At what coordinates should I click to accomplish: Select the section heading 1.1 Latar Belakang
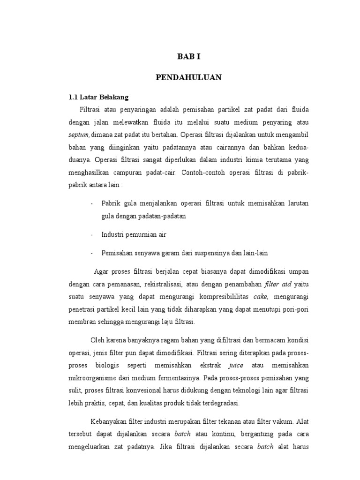click(98, 97)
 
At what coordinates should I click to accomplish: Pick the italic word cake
click(261, 297)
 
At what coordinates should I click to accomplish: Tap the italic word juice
click(235, 364)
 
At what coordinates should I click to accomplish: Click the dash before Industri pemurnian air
click(91, 234)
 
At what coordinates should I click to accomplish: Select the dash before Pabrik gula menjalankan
click(91, 203)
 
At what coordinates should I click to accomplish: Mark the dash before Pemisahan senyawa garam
click(91, 253)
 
